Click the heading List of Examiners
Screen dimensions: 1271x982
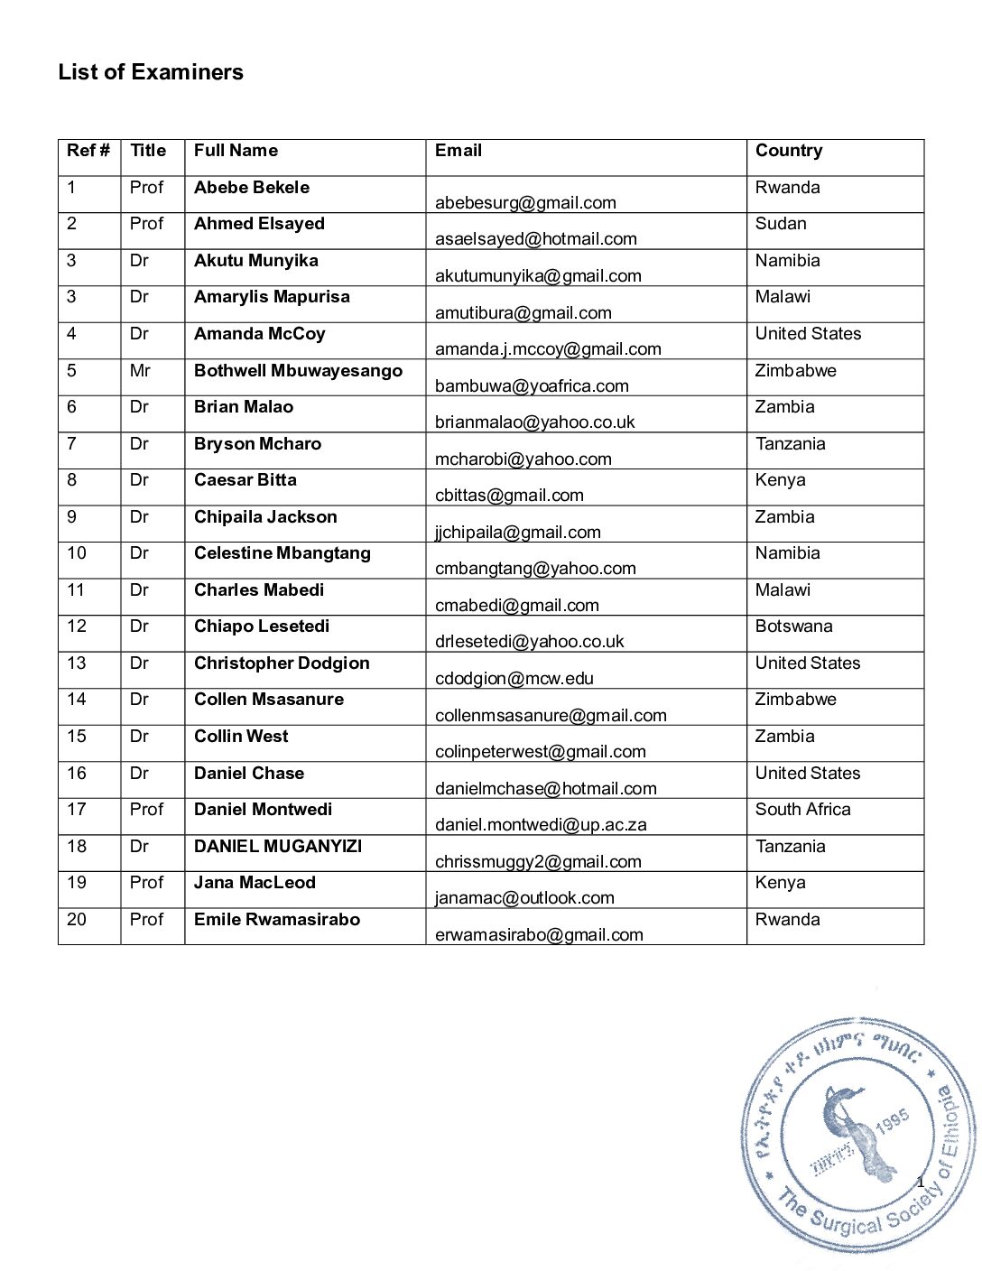click(151, 72)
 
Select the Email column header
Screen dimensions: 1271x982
click(458, 151)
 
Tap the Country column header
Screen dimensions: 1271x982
click(788, 151)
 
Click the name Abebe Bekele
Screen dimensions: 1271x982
click(251, 188)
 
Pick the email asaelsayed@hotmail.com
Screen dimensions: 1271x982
click(535, 239)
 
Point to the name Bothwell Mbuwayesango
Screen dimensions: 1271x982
click(298, 371)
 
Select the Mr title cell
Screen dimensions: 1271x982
click(140, 371)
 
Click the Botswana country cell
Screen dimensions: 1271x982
click(793, 626)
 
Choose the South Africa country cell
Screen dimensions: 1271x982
click(802, 810)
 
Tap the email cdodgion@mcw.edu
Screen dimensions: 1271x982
click(514, 679)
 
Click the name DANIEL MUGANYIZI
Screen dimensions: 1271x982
click(277, 847)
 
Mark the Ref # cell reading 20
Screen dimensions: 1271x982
click(77, 920)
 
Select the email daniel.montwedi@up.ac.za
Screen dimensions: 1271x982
click(541, 825)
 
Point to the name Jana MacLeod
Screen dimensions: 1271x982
click(255, 883)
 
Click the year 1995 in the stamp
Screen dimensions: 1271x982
click(892, 1122)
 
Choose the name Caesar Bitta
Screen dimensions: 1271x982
click(245, 480)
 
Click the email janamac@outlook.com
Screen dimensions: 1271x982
click(524, 898)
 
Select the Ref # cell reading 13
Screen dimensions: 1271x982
click(77, 663)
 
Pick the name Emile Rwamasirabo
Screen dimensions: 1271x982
click(276, 920)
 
